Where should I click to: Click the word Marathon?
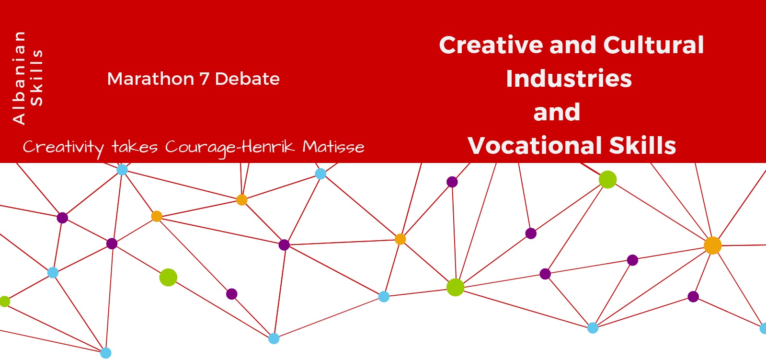tap(151, 79)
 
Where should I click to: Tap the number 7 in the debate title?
tap(204, 79)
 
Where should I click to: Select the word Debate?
tap(247, 79)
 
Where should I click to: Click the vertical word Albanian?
tap(19, 78)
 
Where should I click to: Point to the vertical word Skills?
tap(36, 78)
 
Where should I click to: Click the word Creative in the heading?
tap(491, 45)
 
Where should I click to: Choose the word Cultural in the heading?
tap(653, 45)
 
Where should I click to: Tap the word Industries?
tap(569, 78)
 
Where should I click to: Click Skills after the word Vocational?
tap(642, 145)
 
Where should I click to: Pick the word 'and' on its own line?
tap(557, 112)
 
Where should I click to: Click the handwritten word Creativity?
tap(63, 148)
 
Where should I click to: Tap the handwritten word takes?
tap(135, 147)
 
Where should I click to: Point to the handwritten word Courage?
tap(200, 148)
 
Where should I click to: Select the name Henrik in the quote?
tap(268, 147)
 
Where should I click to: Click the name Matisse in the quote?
tap(333, 147)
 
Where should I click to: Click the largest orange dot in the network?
tap(713, 245)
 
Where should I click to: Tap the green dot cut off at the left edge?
tap(4, 302)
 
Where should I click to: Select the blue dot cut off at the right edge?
tap(763, 328)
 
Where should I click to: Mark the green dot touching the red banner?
tap(607, 179)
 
